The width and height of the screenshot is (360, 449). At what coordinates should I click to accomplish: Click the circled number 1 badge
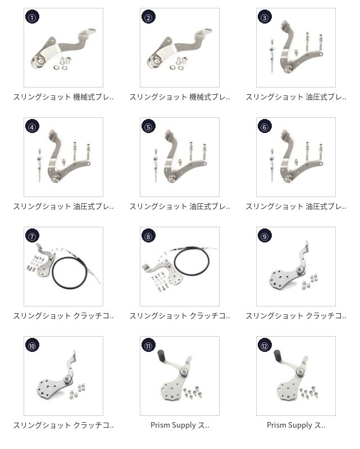[33, 17]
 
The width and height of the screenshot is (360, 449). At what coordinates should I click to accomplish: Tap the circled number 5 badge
[148, 127]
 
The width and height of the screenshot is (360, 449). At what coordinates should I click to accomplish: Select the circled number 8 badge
[148, 236]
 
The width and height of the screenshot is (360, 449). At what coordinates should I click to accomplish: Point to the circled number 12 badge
[265, 346]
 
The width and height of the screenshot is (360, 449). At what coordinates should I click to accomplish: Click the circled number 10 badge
[33, 346]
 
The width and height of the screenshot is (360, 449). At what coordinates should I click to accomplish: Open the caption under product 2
[180, 97]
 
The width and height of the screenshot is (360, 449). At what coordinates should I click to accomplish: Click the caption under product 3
[296, 97]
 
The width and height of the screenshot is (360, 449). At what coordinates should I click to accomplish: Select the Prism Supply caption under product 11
[180, 425]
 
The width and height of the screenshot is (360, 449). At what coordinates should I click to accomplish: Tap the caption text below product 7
[63, 316]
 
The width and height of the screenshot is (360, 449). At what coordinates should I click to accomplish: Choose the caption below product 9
[296, 316]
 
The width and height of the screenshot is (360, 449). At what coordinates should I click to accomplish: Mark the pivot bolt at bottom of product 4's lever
[55, 178]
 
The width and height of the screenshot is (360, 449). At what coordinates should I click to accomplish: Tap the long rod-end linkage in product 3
[272, 56]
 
